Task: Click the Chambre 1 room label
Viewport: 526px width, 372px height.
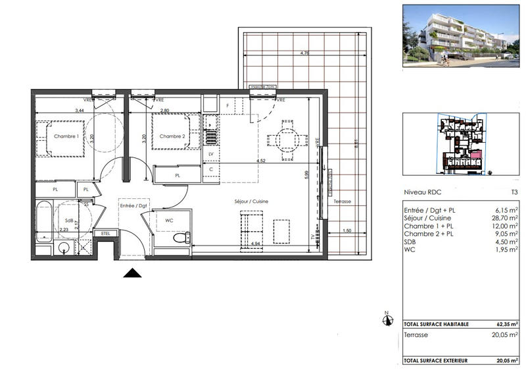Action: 66,136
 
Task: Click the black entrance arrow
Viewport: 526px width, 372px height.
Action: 133,273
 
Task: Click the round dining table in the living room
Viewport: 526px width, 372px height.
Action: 285,140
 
